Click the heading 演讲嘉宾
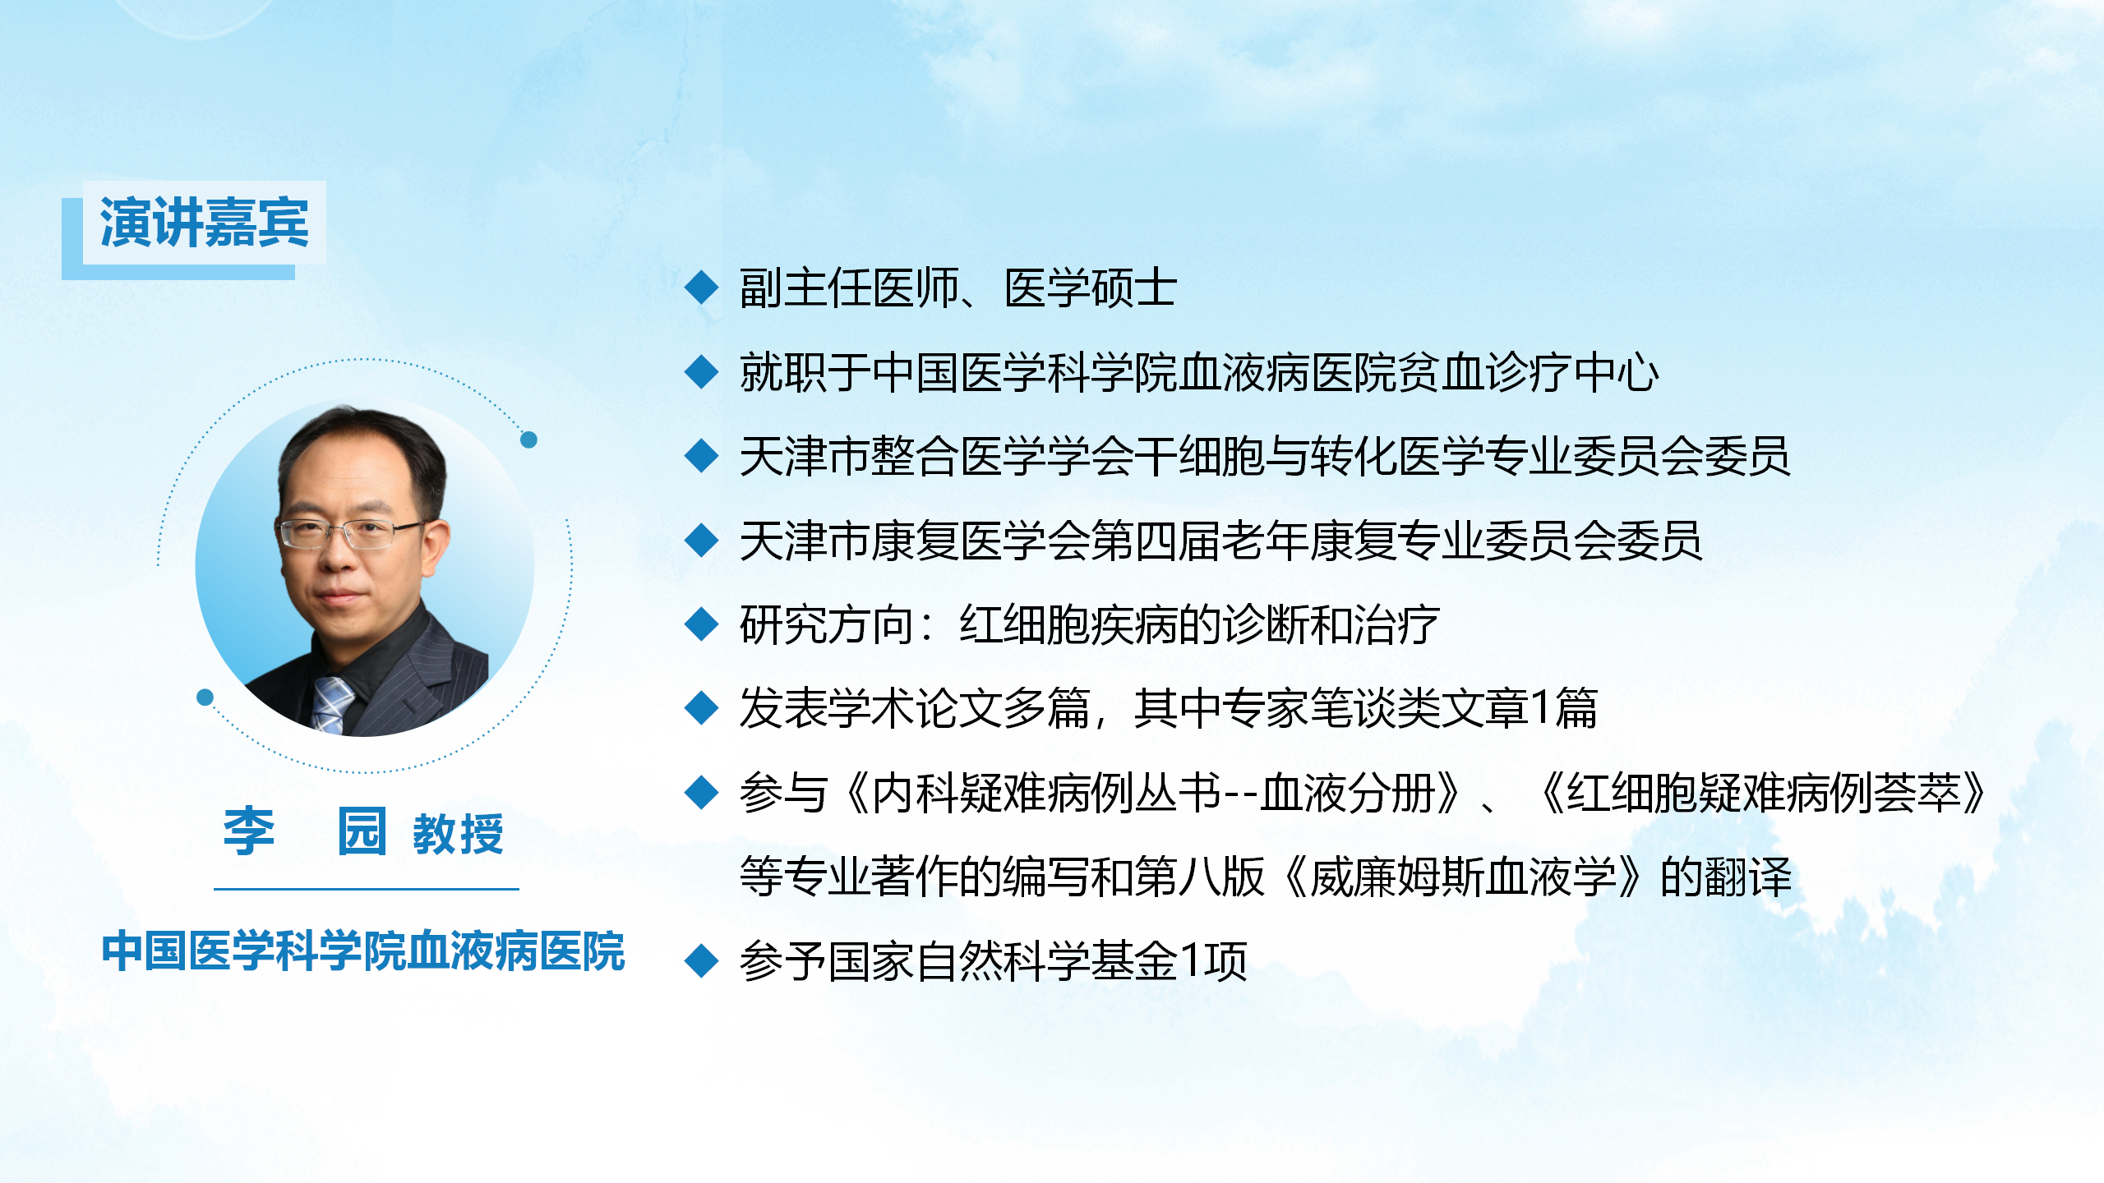pos(204,223)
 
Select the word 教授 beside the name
pos(458,834)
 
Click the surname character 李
pos(249,831)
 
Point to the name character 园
pos(362,831)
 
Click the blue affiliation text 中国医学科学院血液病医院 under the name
pos(363,951)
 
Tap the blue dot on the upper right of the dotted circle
pos(529,440)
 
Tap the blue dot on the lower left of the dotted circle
pos(205,697)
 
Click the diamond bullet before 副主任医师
pos(702,288)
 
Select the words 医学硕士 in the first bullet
pos(1091,288)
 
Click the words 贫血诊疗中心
pos(1527,372)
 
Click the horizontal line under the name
pos(367,889)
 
